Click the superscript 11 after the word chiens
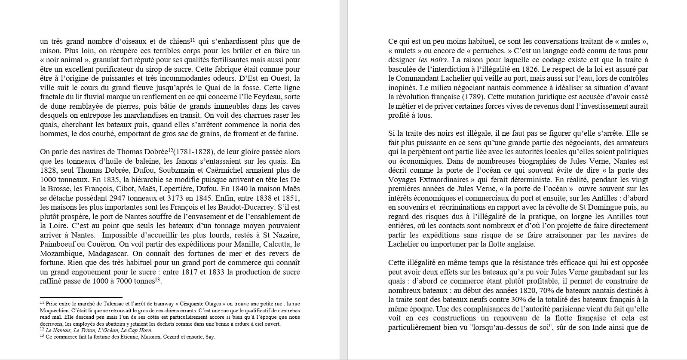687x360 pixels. [x=193, y=40]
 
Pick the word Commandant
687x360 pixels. [x=416, y=78]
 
